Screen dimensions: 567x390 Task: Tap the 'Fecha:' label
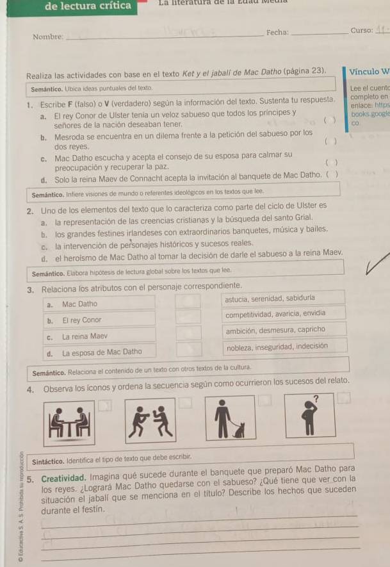click(x=277, y=32)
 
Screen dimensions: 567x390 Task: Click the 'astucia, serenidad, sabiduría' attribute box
click(x=284, y=299)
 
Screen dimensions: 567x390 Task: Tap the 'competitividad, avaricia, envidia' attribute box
click(x=284, y=314)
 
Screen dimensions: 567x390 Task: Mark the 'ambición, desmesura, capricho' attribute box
click(x=284, y=331)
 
